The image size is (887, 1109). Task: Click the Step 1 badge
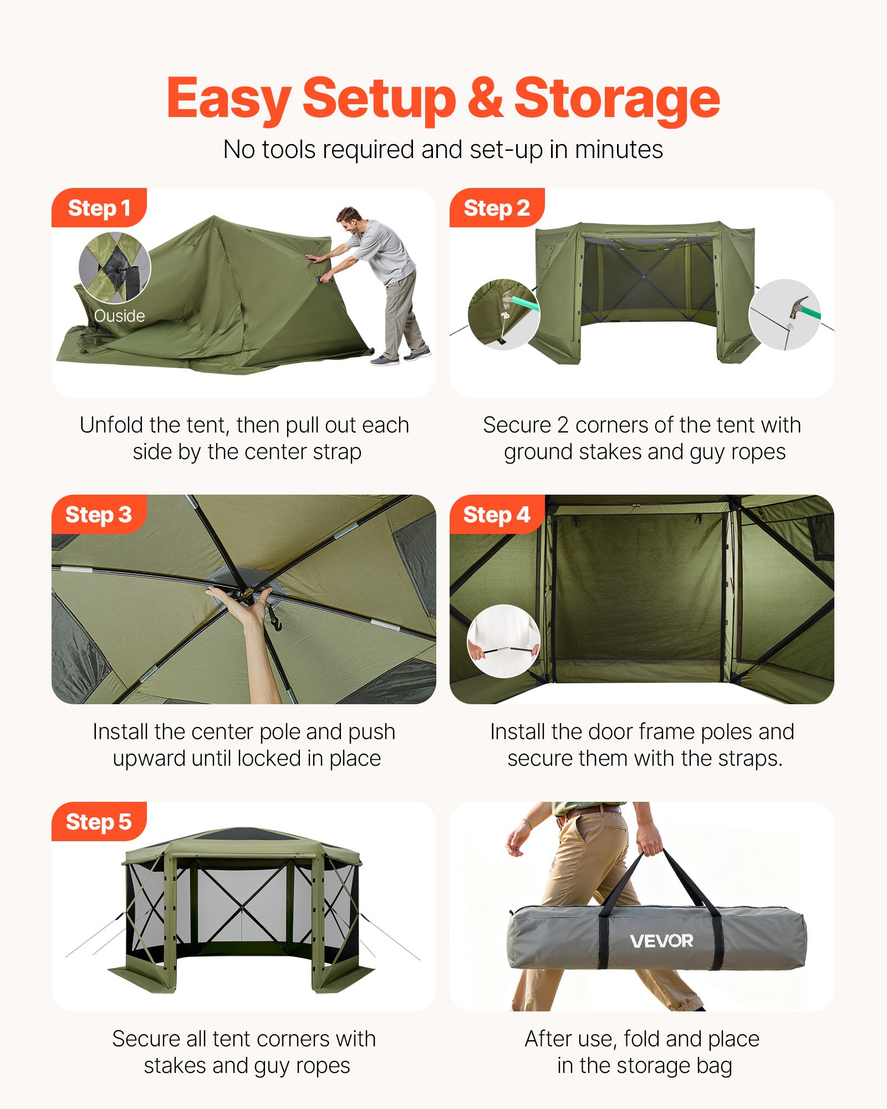pyautogui.click(x=99, y=208)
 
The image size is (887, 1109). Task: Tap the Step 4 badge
pyautogui.click(x=496, y=515)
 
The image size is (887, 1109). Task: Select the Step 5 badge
pyautogui.click(x=99, y=821)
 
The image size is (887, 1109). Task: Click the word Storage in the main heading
pyautogui.click(x=616, y=99)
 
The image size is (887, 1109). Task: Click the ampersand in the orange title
pyautogui.click(x=485, y=99)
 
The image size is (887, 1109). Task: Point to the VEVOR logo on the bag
pyautogui.click(x=661, y=940)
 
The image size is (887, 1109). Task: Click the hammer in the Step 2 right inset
pyautogui.click(x=798, y=307)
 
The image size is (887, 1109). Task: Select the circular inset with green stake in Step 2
pyautogui.click(x=503, y=314)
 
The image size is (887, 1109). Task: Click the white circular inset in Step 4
pyautogui.click(x=503, y=640)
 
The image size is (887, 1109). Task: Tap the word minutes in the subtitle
pyautogui.click(x=619, y=150)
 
